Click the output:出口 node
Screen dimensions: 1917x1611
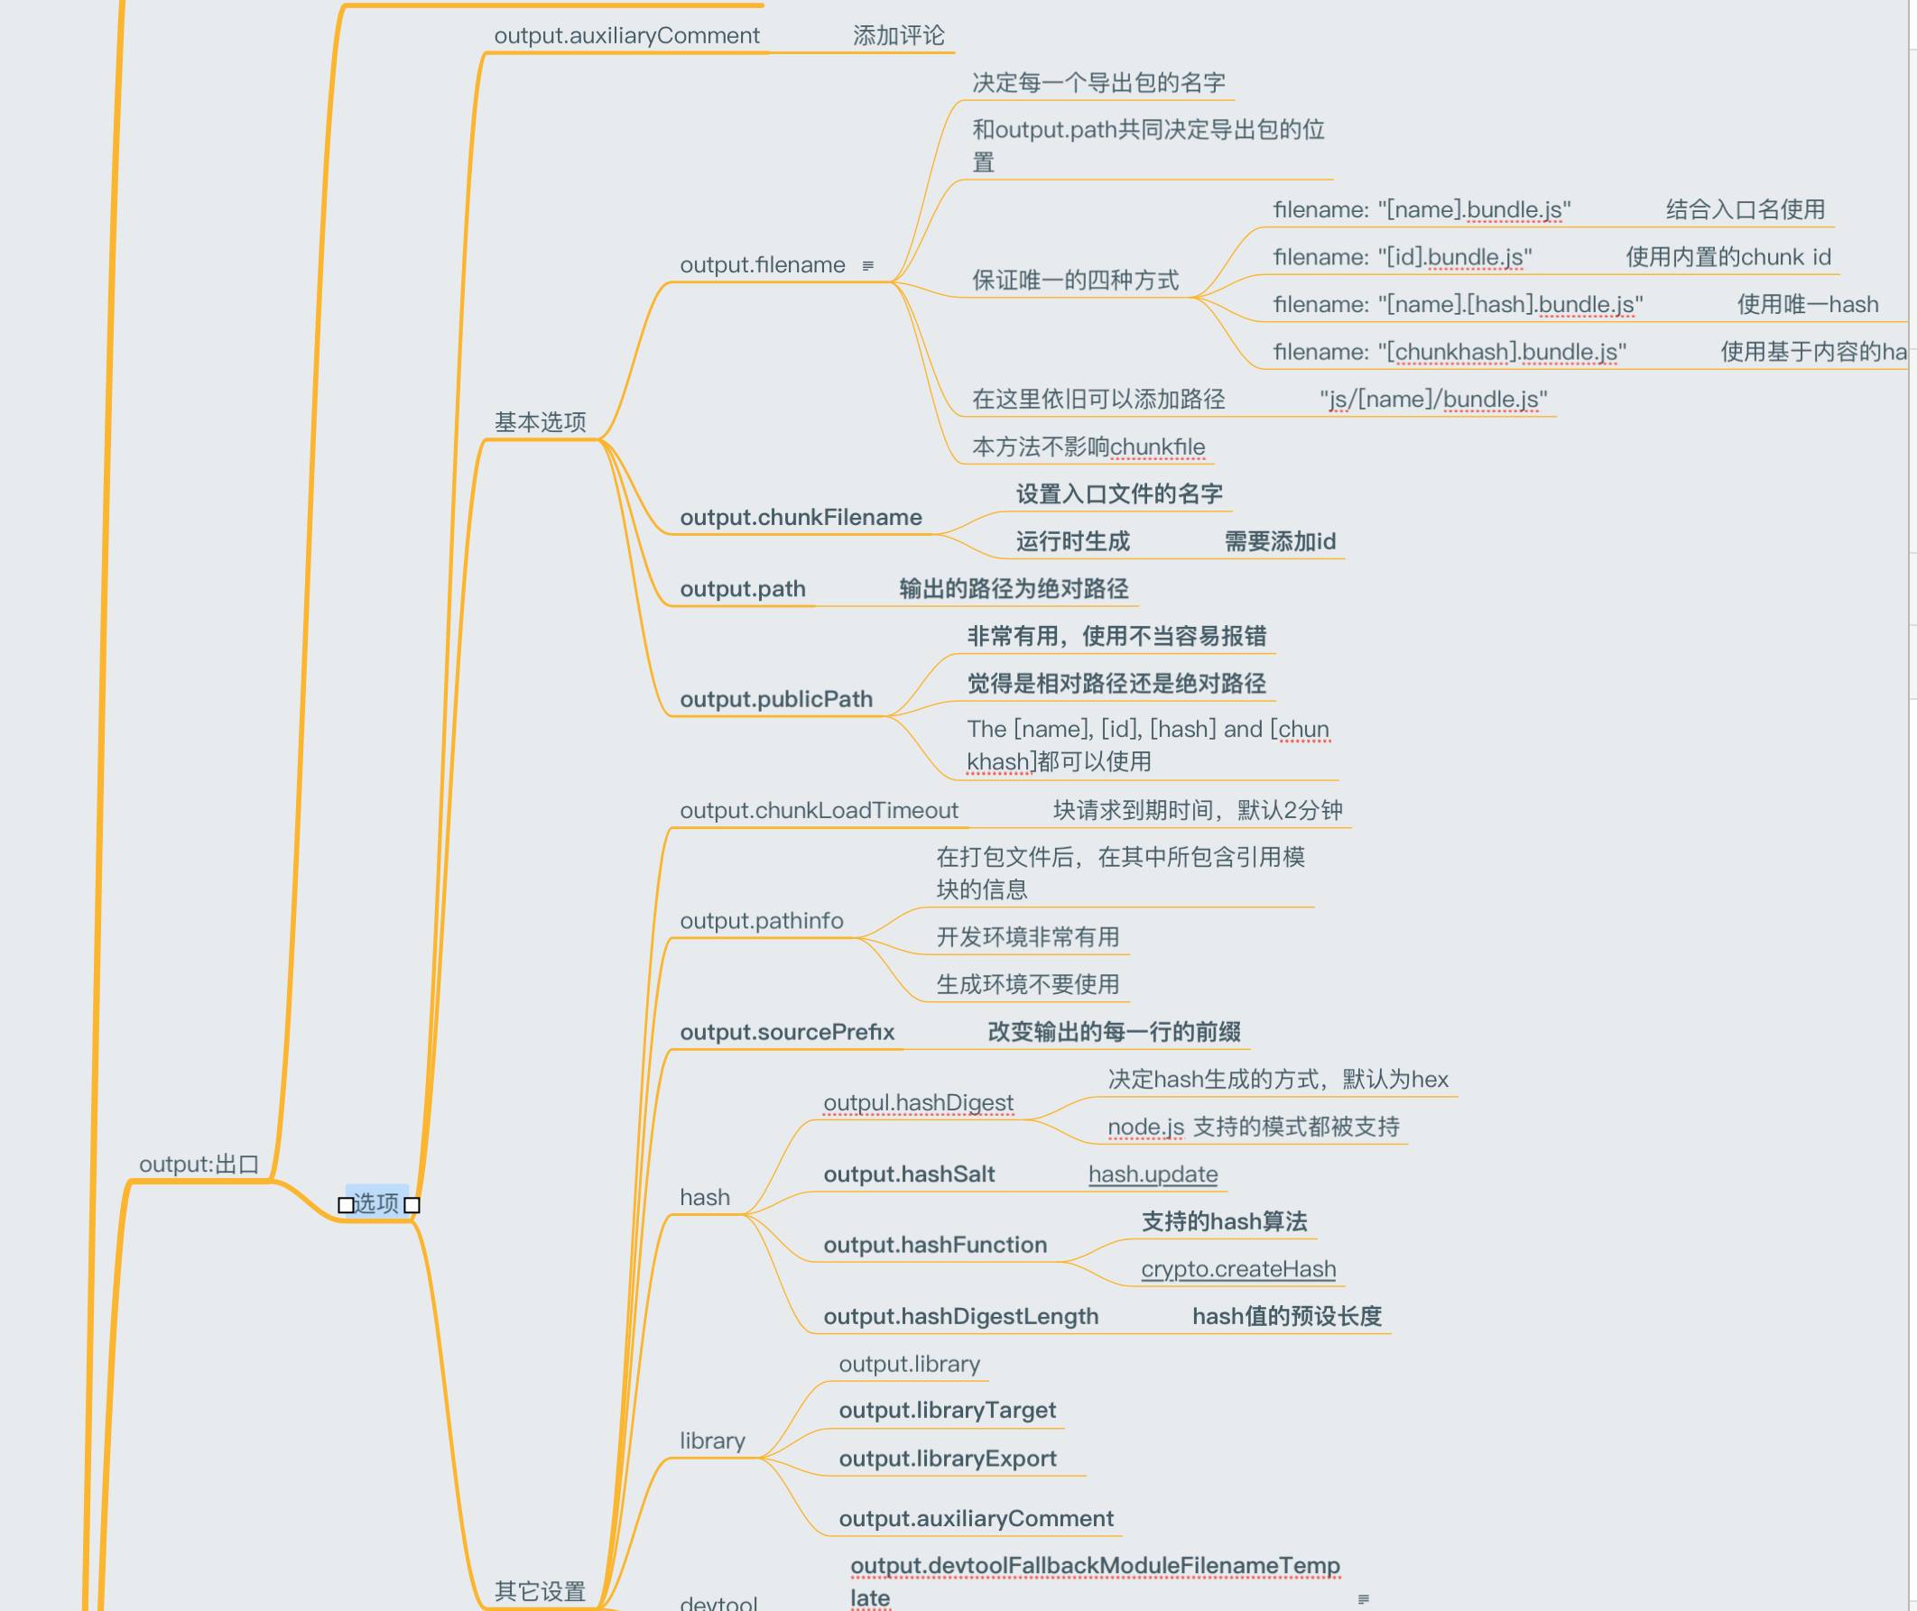(199, 1165)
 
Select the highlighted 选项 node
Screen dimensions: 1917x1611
(376, 1202)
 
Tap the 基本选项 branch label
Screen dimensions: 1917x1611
(540, 422)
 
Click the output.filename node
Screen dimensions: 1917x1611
(762, 265)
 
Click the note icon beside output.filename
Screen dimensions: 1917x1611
(868, 266)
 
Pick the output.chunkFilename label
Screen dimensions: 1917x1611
(801, 518)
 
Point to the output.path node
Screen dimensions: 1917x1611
(742, 589)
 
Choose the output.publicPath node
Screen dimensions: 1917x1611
(776, 700)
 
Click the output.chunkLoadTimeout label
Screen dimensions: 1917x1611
(819, 810)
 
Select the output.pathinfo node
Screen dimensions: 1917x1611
(761, 921)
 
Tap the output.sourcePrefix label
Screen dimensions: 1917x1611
(787, 1032)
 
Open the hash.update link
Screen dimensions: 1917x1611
(1153, 1174)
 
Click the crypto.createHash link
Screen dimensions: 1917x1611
(1238, 1269)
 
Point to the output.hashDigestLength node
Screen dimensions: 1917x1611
(960, 1317)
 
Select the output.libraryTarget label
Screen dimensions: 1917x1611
(947, 1410)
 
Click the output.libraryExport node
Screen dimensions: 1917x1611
(947, 1459)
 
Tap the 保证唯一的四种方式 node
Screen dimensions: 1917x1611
(1075, 281)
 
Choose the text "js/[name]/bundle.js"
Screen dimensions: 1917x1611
(1432, 399)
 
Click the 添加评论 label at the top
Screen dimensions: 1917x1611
(898, 35)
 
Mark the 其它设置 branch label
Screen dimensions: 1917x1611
(540, 1591)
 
